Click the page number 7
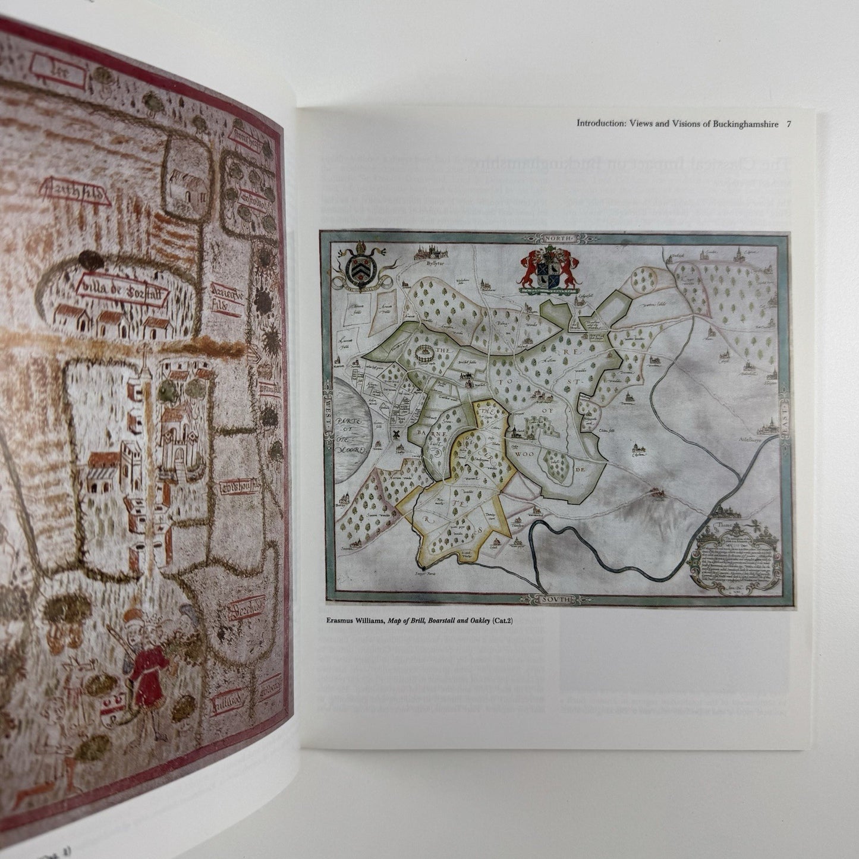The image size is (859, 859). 789,124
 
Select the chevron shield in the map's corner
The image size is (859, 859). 361,269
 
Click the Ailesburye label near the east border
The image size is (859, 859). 764,442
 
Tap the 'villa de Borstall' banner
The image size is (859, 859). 123,290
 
